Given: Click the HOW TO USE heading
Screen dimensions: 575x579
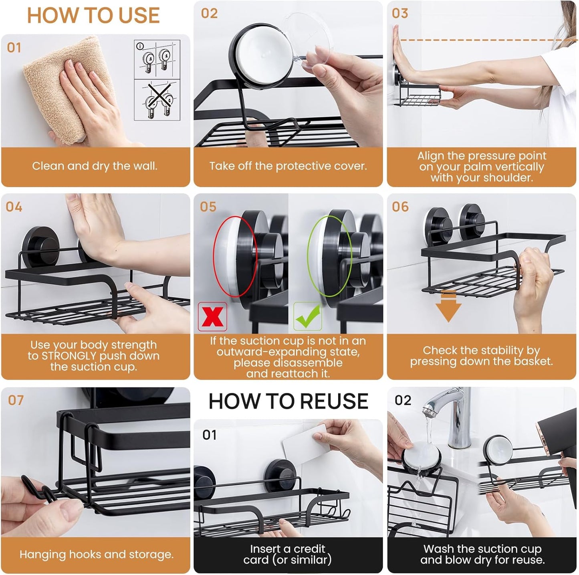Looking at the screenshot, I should (x=93, y=16).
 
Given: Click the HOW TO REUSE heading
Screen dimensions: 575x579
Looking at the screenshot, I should (x=288, y=401).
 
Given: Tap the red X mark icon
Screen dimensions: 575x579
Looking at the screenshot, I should (x=212, y=317).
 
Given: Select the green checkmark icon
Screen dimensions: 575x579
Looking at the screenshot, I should (x=308, y=316).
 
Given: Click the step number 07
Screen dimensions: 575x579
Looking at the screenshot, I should (x=16, y=400).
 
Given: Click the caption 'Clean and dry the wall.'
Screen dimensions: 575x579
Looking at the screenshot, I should (x=95, y=166).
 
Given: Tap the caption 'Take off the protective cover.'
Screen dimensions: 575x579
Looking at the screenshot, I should (x=288, y=166).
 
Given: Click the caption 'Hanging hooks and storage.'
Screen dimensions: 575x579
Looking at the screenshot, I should (x=96, y=555).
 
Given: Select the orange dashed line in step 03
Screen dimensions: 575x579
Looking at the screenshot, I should (x=481, y=40).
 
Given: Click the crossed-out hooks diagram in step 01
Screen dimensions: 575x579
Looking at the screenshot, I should (x=157, y=100).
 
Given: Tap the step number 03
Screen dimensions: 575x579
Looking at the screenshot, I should (x=400, y=13).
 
